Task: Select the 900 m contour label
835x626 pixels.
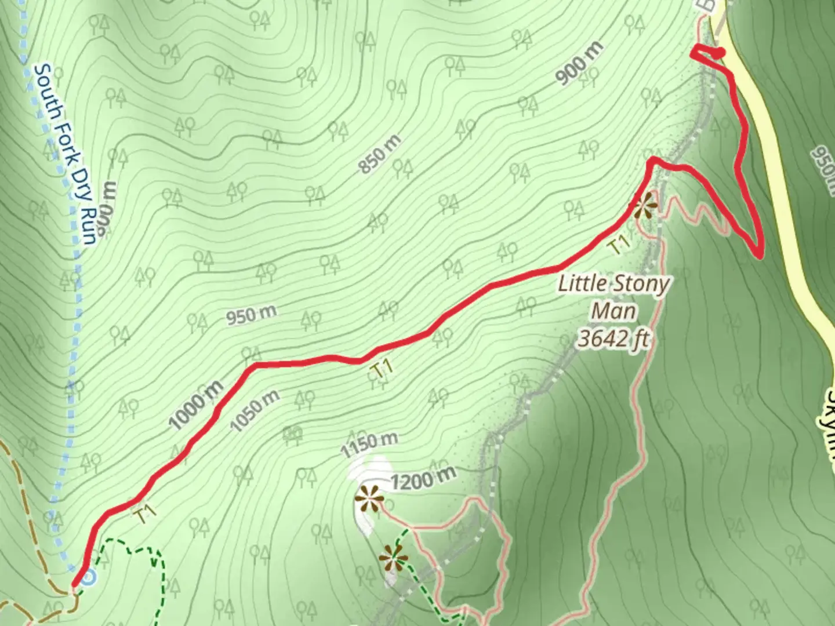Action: [x=579, y=64]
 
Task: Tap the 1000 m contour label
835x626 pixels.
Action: [x=197, y=404]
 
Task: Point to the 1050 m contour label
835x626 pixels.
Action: [x=255, y=411]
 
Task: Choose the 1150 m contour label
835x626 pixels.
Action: [x=369, y=445]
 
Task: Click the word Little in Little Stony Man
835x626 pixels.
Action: [x=582, y=284]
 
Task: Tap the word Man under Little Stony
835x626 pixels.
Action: [x=614, y=311]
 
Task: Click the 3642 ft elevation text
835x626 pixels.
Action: [x=613, y=338]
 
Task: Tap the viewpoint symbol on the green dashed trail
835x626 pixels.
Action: [x=394, y=559]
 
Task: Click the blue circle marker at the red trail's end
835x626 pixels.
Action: [x=88, y=577]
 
